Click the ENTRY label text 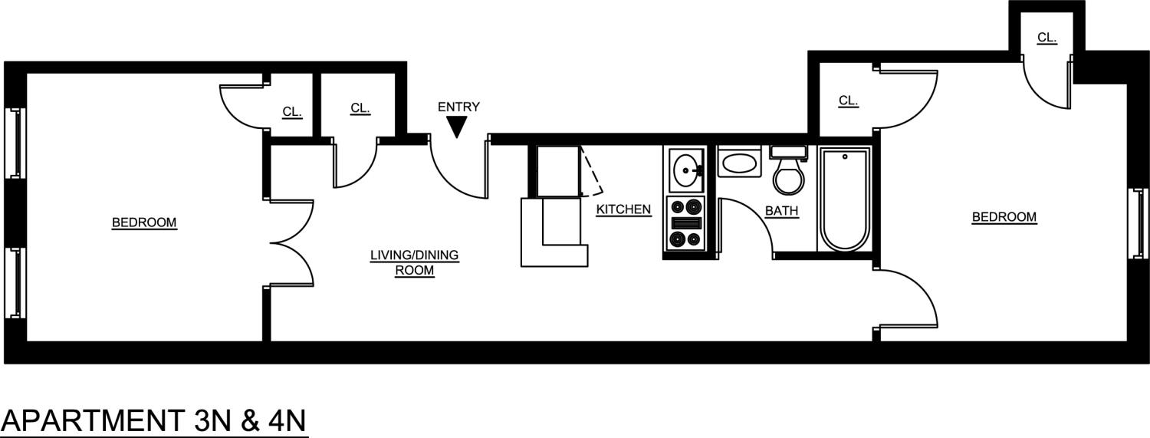458,107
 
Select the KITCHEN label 623,209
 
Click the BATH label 781,210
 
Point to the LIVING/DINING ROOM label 414,262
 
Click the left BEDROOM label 144,222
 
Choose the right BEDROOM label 1004,217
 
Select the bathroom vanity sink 739,163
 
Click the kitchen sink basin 685,169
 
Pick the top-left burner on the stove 677,206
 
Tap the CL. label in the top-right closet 1046,37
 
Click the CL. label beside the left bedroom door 292,112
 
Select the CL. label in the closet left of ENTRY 360,108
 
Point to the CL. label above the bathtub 847,100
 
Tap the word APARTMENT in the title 90,421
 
